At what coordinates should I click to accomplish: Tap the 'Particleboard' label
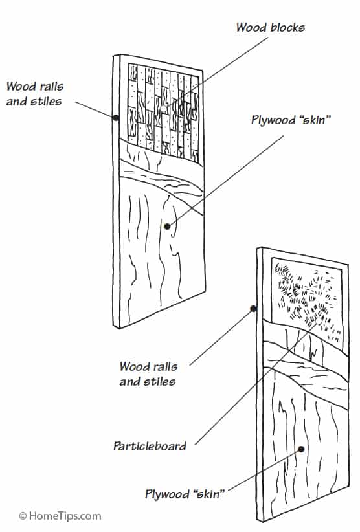150,446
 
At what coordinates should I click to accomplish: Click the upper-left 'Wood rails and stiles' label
34,93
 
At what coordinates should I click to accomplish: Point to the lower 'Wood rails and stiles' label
147,374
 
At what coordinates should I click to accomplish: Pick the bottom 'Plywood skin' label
185,494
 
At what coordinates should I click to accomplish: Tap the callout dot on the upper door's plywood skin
168,227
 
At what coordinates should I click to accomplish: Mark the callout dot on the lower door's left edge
253,309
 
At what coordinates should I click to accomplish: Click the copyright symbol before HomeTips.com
23,516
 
